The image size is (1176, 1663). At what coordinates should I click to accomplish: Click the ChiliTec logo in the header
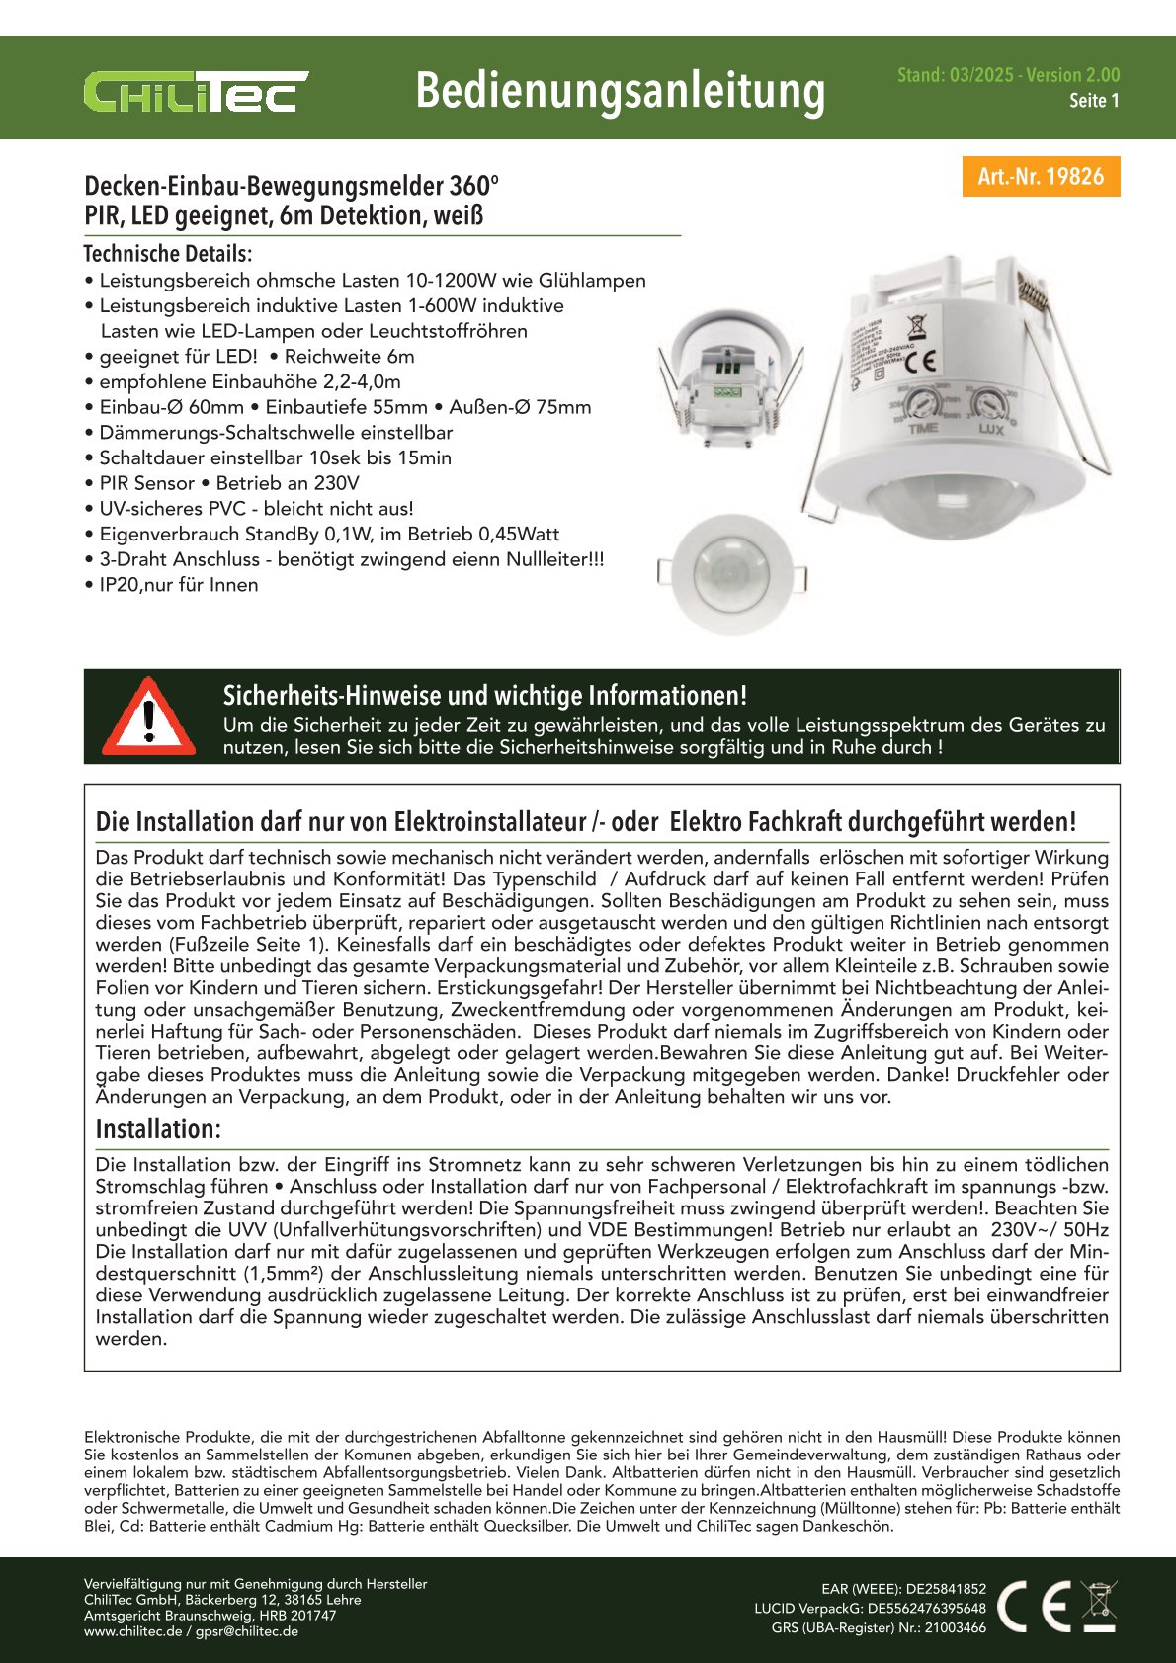196,92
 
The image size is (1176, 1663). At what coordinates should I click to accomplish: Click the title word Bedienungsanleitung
620,91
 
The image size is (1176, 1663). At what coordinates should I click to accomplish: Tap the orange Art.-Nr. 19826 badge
1041,177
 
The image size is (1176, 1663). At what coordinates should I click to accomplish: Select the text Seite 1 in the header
1094,101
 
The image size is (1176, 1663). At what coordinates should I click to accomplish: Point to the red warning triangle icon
148,716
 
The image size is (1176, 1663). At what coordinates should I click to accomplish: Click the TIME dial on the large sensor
923,404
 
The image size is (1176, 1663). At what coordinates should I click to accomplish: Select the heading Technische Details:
167,254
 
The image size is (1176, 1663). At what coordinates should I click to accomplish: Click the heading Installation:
158,1129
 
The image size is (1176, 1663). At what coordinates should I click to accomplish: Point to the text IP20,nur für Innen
178,585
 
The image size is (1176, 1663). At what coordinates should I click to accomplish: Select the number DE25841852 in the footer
946,1589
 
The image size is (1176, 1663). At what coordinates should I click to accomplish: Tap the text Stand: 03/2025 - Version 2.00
1008,75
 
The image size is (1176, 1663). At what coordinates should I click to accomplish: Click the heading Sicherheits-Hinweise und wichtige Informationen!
484,695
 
